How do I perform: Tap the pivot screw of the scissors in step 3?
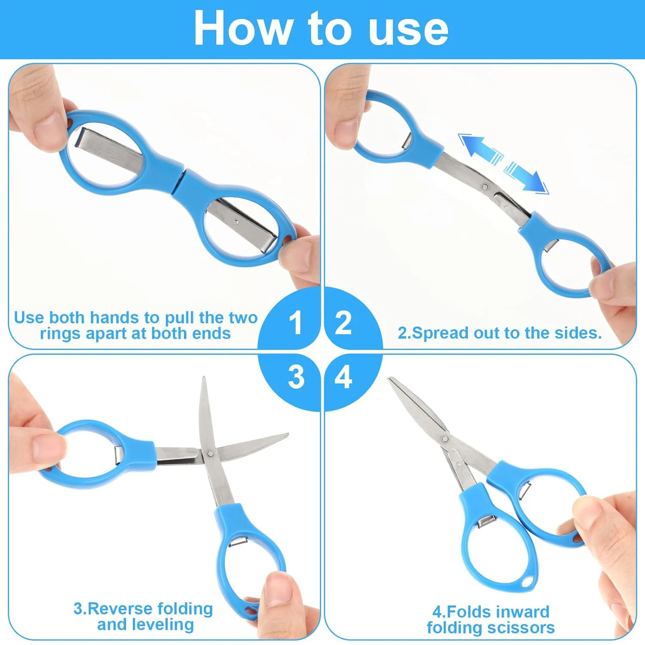click(210, 453)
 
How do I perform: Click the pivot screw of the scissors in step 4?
click(445, 439)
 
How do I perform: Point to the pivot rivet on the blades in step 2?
click(485, 187)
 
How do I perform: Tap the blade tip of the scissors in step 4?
click(390, 379)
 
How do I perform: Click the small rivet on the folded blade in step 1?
click(235, 221)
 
